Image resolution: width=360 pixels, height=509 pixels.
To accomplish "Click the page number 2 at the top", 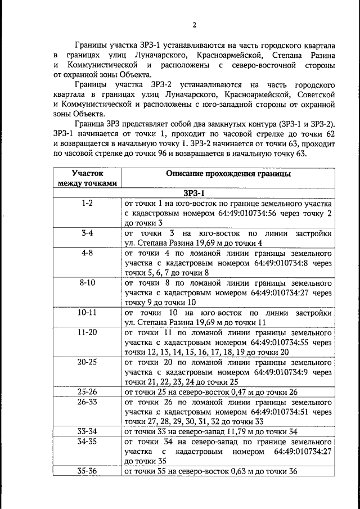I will pos(193,25).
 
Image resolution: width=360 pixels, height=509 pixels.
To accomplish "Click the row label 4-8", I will pos(87,254).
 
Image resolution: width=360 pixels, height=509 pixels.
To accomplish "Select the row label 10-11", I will pos(87,312).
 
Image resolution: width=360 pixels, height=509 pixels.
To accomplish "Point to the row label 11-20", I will pos(87,332).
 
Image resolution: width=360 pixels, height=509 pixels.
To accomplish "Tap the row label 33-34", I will pos(87,431).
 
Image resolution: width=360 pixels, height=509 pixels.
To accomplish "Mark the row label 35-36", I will pos(87,471).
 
